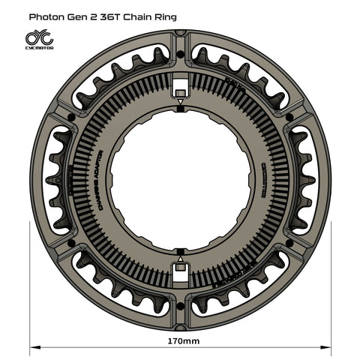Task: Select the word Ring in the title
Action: (166, 15)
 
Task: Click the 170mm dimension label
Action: (179, 341)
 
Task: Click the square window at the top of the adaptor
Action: (179, 85)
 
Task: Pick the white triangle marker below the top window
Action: (179, 100)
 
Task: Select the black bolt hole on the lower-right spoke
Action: (288, 242)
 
